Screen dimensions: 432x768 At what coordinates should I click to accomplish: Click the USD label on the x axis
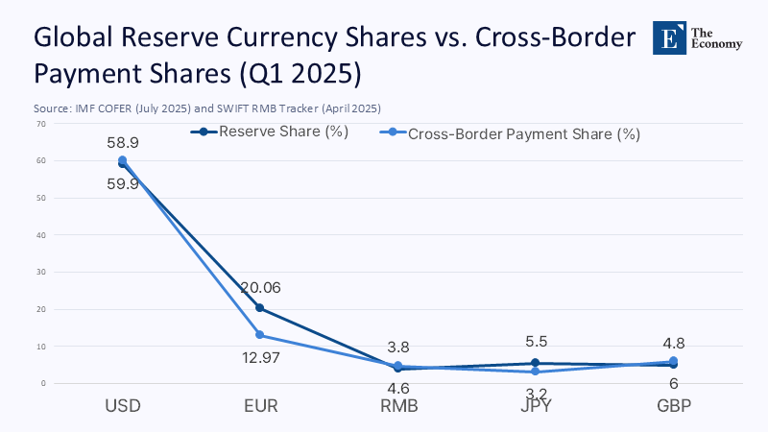click(x=122, y=405)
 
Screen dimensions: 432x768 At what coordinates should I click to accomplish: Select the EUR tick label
click(x=260, y=405)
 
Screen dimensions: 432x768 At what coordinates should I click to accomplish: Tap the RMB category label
click(x=397, y=405)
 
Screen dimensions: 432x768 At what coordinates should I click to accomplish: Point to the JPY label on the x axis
click(x=536, y=405)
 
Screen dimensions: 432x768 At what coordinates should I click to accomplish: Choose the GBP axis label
click(x=673, y=405)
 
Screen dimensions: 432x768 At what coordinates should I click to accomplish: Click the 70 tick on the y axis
click(x=40, y=124)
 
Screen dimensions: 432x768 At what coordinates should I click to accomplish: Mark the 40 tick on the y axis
click(x=40, y=235)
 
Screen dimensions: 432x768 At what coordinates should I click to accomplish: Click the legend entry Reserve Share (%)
click(x=282, y=132)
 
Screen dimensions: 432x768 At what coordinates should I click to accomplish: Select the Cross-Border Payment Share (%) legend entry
click(x=524, y=134)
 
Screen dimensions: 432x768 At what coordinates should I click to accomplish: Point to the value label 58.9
click(x=123, y=142)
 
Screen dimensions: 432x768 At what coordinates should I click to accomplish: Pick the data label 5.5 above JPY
click(x=536, y=341)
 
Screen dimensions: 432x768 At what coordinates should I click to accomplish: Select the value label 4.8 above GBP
click(x=673, y=343)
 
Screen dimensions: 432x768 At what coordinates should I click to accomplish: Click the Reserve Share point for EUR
click(x=260, y=308)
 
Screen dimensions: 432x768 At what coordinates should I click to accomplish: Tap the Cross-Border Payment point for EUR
click(x=260, y=335)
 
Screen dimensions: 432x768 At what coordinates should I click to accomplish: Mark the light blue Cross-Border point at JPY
click(x=536, y=372)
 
